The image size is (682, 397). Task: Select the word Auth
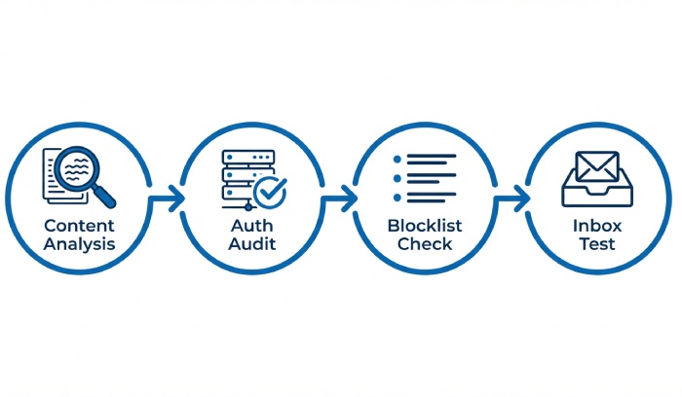pyautogui.click(x=251, y=225)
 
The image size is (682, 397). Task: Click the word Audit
pyautogui.click(x=251, y=243)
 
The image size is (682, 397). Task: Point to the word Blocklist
pyautogui.click(x=425, y=225)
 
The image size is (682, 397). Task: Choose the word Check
pyautogui.click(x=425, y=243)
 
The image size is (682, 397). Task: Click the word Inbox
pyautogui.click(x=594, y=225)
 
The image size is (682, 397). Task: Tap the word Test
pyautogui.click(x=594, y=243)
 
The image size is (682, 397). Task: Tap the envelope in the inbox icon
pyautogui.click(x=595, y=166)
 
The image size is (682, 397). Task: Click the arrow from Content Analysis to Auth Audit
pyautogui.click(x=168, y=198)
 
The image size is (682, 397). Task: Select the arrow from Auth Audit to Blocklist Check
pyautogui.click(x=340, y=198)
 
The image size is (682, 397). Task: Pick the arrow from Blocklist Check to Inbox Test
pyautogui.click(x=512, y=198)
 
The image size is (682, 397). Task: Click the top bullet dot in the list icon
pyautogui.click(x=396, y=158)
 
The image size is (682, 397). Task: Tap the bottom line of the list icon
pyautogui.click(x=430, y=201)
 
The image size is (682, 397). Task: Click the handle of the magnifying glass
pyautogui.click(x=103, y=197)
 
